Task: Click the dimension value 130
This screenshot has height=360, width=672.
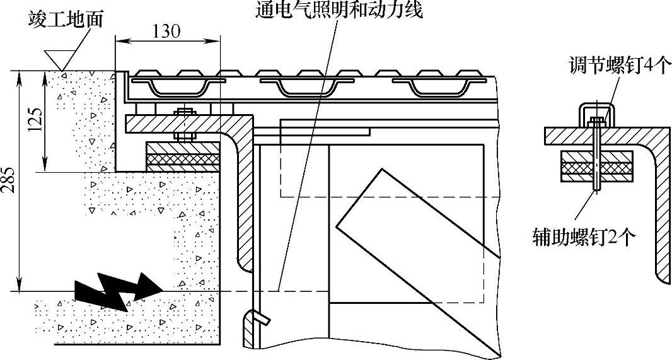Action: pyautogui.click(x=166, y=32)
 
